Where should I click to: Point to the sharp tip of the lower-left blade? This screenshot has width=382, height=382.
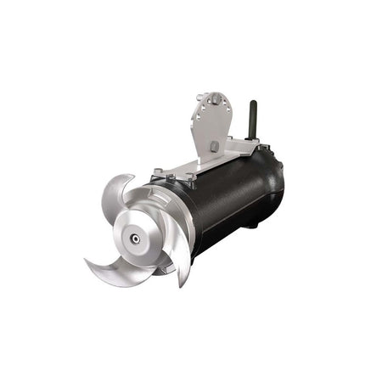(86, 261)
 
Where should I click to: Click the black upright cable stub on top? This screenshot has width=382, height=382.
(251, 119)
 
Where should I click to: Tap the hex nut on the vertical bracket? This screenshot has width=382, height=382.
(214, 146)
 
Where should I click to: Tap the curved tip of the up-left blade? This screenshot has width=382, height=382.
(127, 177)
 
